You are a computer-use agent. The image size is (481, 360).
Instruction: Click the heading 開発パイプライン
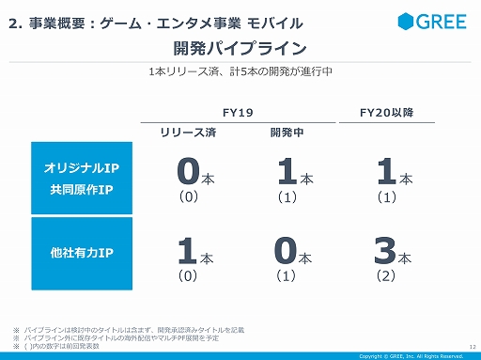(240, 47)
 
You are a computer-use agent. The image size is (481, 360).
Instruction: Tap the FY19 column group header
(239, 112)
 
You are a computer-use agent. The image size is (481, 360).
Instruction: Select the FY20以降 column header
(386, 112)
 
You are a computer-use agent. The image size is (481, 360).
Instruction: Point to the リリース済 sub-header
(190, 133)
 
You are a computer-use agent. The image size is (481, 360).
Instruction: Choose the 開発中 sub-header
(286, 133)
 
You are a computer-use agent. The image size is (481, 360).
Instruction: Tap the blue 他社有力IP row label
(82, 252)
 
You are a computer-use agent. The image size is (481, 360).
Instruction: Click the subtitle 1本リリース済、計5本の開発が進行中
(240, 71)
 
